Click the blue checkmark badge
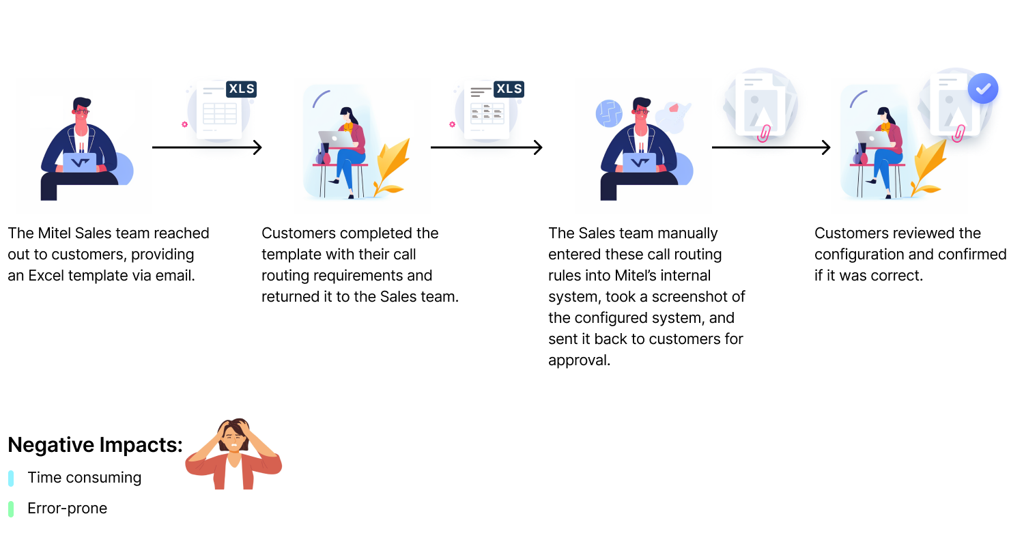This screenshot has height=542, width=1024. pyautogui.click(x=983, y=88)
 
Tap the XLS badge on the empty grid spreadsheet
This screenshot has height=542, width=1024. pyautogui.click(x=242, y=89)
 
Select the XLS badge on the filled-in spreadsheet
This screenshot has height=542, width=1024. pyautogui.click(x=509, y=89)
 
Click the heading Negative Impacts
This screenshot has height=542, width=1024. pyautogui.click(x=95, y=444)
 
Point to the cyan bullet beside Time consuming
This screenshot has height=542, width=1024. pyautogui.click(x=11, y=478)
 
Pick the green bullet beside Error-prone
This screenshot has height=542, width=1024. pyautogui.click(x=11, y=509)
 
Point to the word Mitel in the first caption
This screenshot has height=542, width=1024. pyautogui.click(x=54, y=233)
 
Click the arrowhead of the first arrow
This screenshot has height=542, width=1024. pyautogui.click(x=258, y=147)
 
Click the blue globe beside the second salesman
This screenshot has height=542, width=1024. pyautogui.click(x=609, y=113)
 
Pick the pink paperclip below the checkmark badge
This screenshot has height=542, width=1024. pyautogui.click(x=958, y=133)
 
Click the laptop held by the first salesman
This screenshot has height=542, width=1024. pyautogui.click(x=80, y=162)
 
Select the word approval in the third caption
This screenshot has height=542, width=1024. pyautogui.click(x=579, y=360)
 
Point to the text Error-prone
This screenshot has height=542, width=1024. pyautogui.click(x=67, y=508)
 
